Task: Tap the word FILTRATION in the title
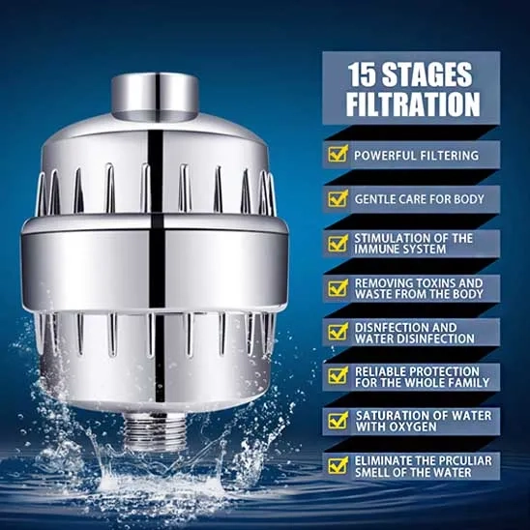(x=413, y=104)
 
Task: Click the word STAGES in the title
(x=427, y=74)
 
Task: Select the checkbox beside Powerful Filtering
(x=338, y=154)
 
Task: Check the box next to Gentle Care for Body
(x=338, y=198)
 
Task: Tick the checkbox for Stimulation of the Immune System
(x=338, y=244)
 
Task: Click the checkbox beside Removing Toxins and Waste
(x=338, y=288)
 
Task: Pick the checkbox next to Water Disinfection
(x=338, y=332)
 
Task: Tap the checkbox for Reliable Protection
(x=338, y=376)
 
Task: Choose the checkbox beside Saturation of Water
(x=338, y=421)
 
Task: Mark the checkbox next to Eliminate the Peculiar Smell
(x=338, y=465)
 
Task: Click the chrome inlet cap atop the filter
(x=155, y=97)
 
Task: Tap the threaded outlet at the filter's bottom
(x=155, y=431)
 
